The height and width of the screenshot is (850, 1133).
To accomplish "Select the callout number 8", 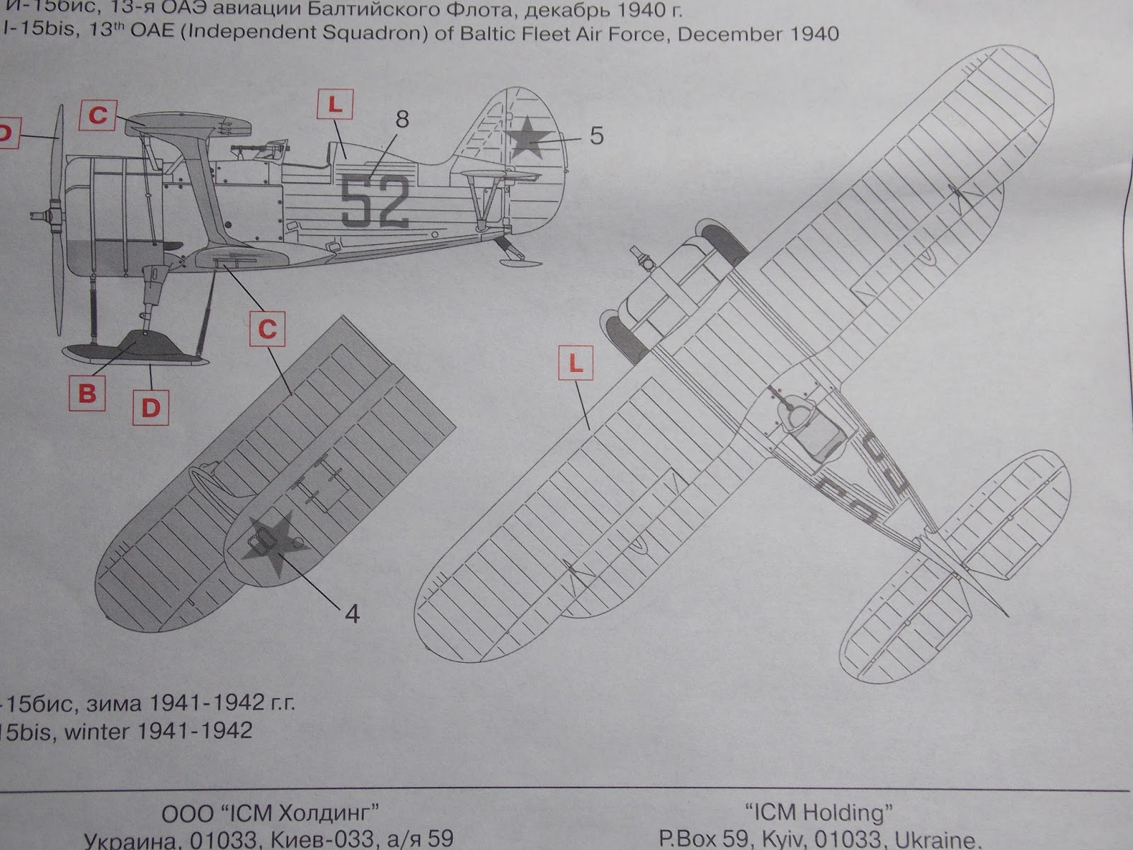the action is (x=402, y=119).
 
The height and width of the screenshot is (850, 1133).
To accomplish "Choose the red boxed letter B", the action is (x=87, y=392).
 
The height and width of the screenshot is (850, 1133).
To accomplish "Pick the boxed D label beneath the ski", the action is (x=151, y=408).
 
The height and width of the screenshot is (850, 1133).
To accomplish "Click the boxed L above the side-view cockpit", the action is (x=335, y=106).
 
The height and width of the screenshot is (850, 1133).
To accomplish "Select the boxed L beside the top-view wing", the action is (x=576, y=364).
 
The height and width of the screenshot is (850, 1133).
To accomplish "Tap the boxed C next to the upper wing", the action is (x=98, y=115).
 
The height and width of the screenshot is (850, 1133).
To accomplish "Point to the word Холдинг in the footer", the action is (x=329, y=812).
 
